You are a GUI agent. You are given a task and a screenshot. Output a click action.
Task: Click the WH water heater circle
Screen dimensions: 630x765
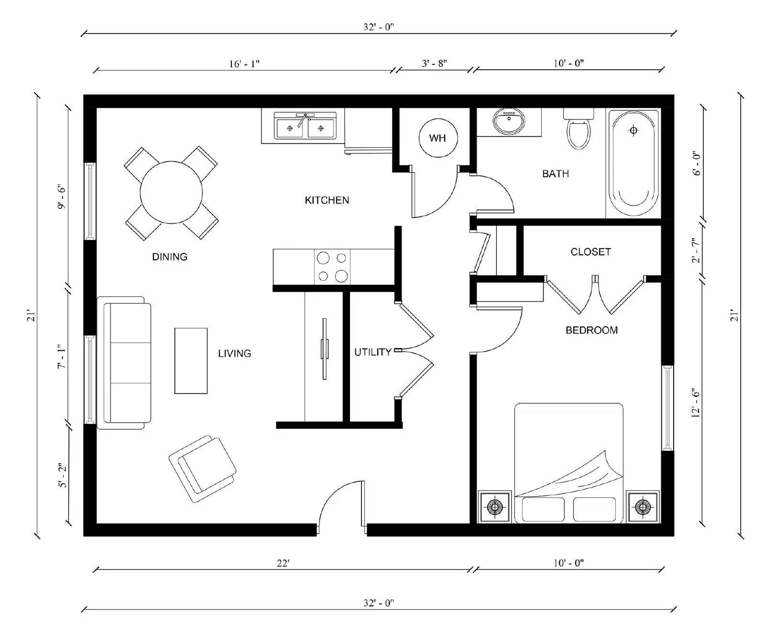pos(437,138)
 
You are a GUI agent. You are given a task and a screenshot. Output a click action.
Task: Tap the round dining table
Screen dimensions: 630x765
pos(171,192)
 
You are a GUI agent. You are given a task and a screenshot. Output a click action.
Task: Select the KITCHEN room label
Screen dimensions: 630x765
pos(327,200)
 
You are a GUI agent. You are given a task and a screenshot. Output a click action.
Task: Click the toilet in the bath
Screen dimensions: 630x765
pos(579,131)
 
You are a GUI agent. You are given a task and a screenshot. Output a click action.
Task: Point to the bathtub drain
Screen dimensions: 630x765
pos(633,130)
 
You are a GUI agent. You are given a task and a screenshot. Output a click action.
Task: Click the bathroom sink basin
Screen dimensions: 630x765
pos(509,121)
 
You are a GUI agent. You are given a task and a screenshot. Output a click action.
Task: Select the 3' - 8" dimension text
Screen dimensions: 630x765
pos(434,63)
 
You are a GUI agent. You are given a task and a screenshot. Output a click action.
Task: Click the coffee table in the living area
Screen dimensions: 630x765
pos(191,360)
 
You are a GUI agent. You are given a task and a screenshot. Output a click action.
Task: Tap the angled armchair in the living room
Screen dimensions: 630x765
pos(203,468)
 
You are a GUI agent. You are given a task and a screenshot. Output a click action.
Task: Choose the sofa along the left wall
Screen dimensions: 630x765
pos(125,362)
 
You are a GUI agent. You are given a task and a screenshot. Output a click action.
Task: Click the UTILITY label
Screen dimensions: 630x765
pos(372,352)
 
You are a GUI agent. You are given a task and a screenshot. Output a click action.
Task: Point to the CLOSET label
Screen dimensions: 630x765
pos(590,252)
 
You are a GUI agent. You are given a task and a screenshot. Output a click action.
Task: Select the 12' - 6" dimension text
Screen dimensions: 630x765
pos(696,402)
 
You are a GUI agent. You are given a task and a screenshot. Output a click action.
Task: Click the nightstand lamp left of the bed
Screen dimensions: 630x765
pos(495,507)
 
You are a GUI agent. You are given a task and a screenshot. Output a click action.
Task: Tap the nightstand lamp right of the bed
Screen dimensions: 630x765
pos(643,507)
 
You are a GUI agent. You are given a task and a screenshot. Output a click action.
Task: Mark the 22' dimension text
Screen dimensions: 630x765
pos(283,563)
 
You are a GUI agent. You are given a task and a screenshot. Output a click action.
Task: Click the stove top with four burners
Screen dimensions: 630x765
pos(332,267)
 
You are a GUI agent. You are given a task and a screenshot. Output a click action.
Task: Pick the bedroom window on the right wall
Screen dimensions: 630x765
pos(667,408)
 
